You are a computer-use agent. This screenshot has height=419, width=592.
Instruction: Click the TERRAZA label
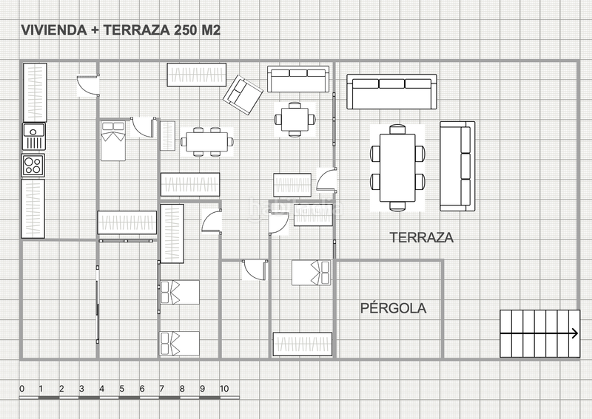tap(421, 238)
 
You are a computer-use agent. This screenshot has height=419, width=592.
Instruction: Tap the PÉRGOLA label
tap(394, 308)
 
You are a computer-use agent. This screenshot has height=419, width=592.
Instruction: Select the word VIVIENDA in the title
tap(53, 30)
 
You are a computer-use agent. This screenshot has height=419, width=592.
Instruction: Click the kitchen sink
tap(34, 137)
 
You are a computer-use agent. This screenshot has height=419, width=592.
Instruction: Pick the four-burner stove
tap(33, 166)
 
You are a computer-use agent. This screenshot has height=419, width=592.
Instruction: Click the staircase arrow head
tap(575, 333)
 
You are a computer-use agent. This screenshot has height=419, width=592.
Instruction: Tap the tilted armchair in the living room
tap(243, 95)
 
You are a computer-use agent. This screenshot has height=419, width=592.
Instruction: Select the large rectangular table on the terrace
tap(397, 168)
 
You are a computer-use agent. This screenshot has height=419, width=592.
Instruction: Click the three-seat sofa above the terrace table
tap(392, 92)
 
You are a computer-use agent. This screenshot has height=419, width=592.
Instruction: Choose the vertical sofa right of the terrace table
tap(457, 166)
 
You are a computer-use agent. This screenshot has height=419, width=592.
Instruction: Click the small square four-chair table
tap(295, 119)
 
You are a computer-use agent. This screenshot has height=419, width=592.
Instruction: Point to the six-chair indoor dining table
tap(207, 142)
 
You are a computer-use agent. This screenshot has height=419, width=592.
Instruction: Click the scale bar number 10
tap(224, 389)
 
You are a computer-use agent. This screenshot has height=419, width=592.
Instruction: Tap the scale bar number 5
tap(121, 389)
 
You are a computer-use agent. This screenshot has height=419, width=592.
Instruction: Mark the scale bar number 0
tap(22, 389)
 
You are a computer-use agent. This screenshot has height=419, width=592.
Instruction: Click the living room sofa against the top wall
tap(298, 79)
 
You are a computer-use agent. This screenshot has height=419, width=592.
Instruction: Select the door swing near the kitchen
tap(88, 86)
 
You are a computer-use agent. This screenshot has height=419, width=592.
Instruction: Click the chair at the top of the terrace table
tap(397, 129)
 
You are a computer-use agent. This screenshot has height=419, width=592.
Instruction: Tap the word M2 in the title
tap(211, 30)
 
